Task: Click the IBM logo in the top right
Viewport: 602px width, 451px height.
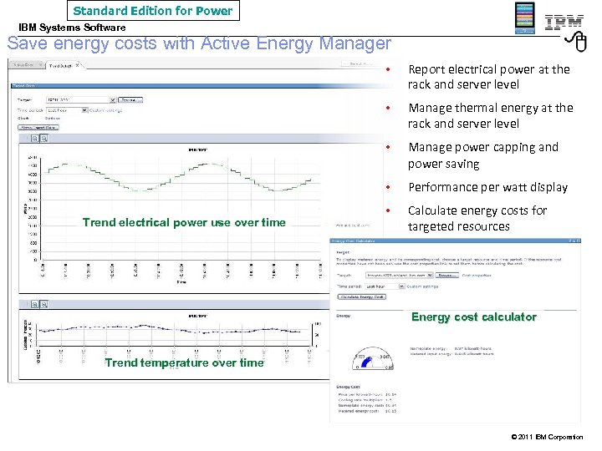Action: tap(564, 22)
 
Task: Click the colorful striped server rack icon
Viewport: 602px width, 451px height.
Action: tap(524, 18)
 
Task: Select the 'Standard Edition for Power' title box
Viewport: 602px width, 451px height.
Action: tap(153, 11)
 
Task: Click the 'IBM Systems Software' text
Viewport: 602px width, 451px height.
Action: tap(73, 28)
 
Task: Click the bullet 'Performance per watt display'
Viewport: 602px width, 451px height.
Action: tap(487, 187)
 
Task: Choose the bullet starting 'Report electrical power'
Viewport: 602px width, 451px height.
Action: tap(488, 77)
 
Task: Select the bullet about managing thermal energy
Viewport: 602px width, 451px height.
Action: tap(490, 115)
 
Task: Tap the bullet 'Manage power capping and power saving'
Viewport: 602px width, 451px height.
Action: tap(482, 155)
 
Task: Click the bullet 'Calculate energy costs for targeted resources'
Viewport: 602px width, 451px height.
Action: tap(477, 218)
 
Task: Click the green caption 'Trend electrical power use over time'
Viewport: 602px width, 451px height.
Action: tap(184, 222)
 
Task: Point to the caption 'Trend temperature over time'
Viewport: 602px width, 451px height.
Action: tap(184, 362)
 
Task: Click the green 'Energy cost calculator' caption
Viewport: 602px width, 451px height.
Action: tap(473, 317)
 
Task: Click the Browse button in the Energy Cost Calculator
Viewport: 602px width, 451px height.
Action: tap(447, 274)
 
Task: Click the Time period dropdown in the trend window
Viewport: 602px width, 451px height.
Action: tap(67, 109)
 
